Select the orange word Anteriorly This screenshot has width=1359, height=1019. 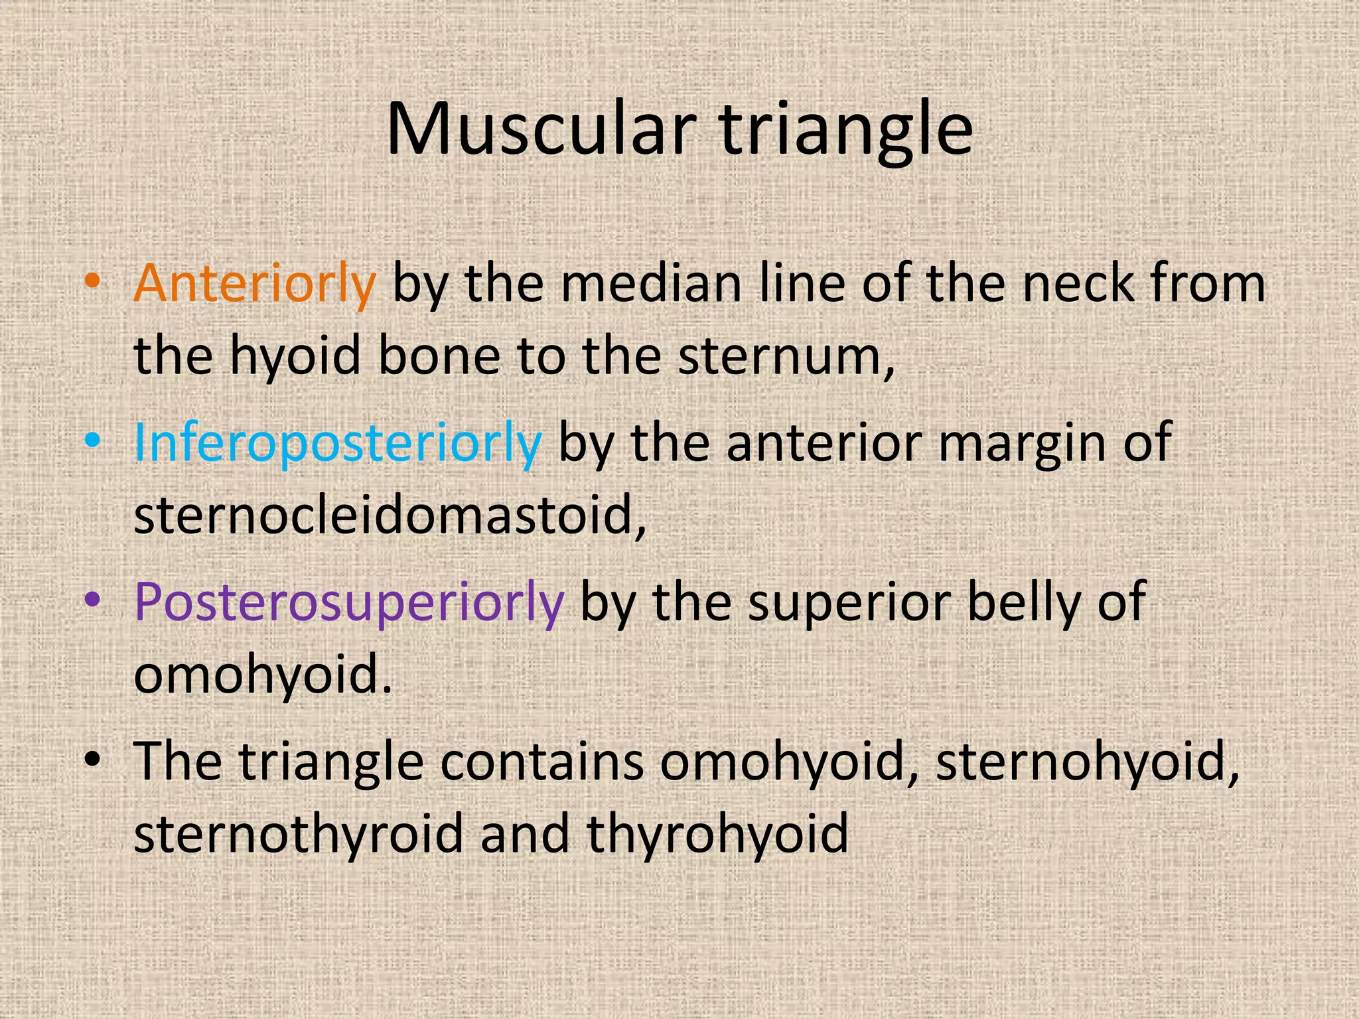255,284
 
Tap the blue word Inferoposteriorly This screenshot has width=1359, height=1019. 338,442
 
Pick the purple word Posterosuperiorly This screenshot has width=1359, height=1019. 349,602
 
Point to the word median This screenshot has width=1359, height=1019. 651,284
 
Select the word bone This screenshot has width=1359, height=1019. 439,356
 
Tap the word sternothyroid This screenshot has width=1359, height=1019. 299,833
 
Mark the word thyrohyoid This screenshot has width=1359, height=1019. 717,833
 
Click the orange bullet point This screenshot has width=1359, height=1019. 92,281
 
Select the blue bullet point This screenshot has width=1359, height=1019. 92,440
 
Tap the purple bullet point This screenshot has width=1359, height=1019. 92,599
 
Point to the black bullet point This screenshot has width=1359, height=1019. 92,758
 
